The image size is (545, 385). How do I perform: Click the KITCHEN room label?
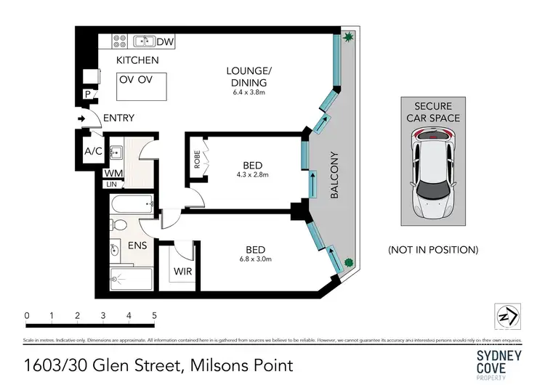tap(138, 60)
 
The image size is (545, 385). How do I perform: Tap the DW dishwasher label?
tap(165, 42)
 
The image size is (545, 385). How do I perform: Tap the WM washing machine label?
tap(113, 173)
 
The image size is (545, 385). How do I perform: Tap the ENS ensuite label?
tap(137, 246)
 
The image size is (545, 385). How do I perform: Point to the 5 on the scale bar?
tap(154, 316)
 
